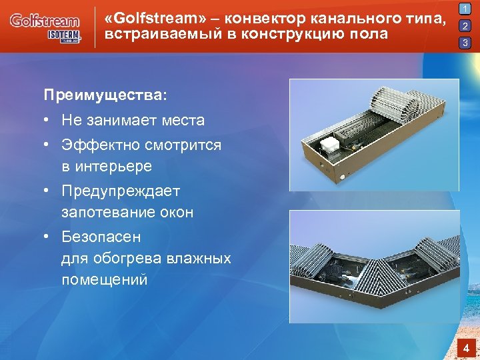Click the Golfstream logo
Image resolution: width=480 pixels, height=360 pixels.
[45, 21]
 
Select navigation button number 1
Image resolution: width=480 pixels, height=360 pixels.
[465, 10]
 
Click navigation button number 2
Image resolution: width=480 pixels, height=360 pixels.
[465, 27]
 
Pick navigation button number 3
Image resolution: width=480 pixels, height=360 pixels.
[465, 43]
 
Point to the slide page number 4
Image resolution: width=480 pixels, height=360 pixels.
[467, 348]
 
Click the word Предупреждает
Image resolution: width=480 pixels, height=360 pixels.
[121, 191]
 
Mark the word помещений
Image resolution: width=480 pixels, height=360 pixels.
[104, 280]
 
